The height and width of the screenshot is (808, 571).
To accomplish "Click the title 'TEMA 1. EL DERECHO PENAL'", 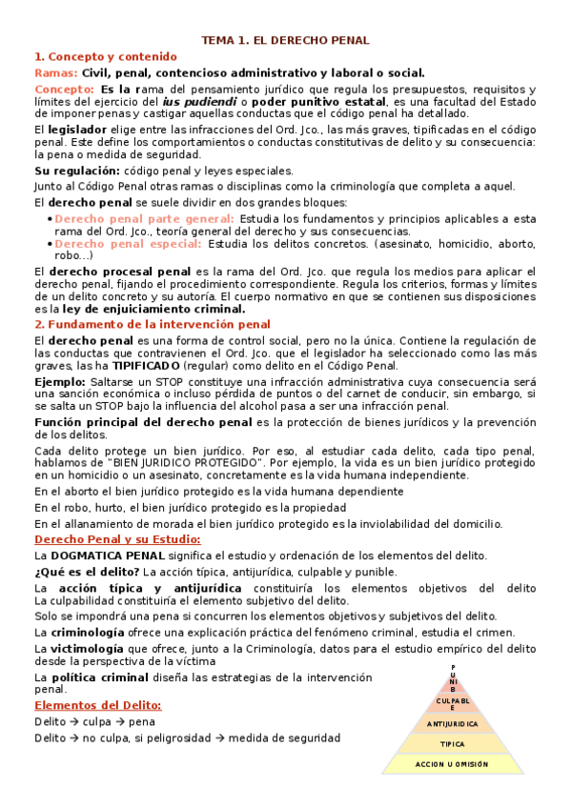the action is (285, 40).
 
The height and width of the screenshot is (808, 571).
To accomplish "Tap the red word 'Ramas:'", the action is (55, 72).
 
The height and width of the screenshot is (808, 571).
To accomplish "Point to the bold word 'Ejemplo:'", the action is (59, 381).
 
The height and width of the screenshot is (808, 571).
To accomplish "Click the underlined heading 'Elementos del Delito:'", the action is (97, 705).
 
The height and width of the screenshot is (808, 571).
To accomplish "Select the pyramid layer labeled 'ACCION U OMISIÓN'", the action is (452, 764).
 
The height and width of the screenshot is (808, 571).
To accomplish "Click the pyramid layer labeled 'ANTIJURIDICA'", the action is (453, 723).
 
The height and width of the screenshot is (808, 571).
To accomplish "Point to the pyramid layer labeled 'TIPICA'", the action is (453, 743).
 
